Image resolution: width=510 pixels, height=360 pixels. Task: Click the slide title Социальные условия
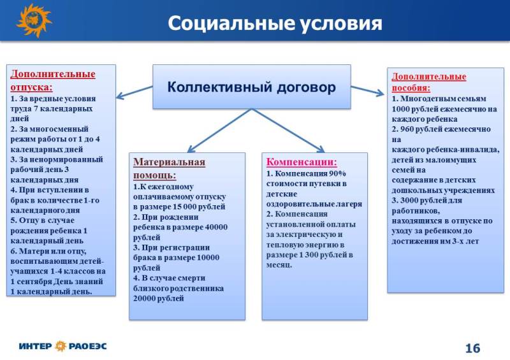(275, 24)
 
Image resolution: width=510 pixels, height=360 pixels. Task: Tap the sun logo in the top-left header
(34, 20)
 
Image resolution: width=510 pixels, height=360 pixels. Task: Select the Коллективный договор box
(252, 87)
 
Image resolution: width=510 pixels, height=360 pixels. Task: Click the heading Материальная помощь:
(169, 168)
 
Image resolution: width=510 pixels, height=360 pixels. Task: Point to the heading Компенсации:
(302, 162)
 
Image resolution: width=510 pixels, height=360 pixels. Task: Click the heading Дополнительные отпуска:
(53, 80)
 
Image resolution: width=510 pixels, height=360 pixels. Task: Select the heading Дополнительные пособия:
(428, 82)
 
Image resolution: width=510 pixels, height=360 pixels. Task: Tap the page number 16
(472, 349)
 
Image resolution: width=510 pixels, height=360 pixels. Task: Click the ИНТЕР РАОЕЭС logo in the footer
(62, 346)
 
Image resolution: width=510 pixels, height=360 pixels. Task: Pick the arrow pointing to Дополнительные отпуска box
(135, 92)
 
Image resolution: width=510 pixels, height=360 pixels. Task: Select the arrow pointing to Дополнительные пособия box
(368, 90)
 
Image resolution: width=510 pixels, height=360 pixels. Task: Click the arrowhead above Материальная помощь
(191, 149)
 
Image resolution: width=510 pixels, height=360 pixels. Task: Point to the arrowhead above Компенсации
(321, 149)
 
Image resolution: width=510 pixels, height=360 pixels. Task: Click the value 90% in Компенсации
(337, 174)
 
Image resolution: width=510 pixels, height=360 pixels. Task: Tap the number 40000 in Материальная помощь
(216, 227)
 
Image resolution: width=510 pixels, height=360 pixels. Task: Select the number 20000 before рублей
(145, 299)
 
